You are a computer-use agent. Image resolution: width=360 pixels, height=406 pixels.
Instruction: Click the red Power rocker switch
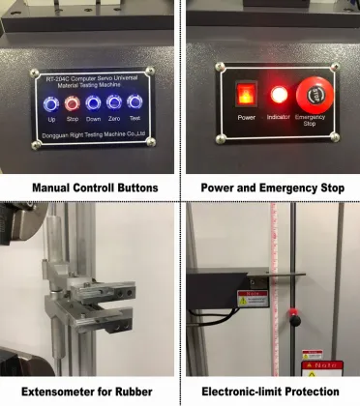pyautogui.click(x=246, y=96)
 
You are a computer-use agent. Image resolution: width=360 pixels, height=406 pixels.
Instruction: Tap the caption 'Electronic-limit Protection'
pyautogui.click(x=270, y=391)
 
